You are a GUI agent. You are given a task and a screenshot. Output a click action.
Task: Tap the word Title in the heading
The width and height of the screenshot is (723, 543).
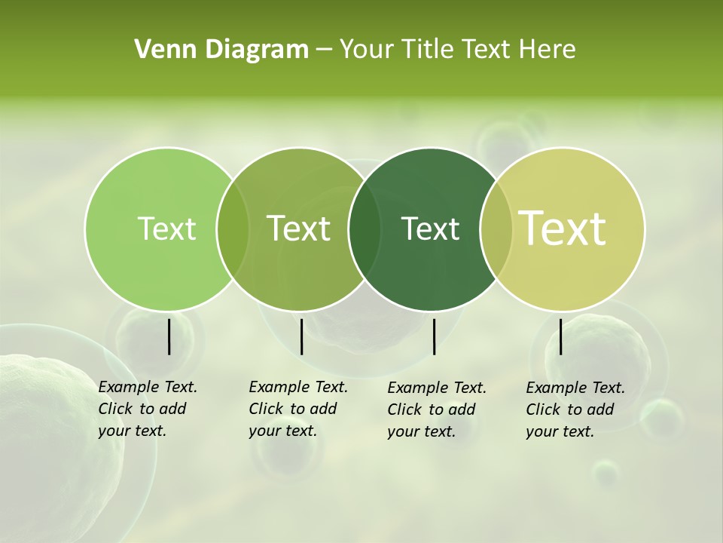tap(426, 49)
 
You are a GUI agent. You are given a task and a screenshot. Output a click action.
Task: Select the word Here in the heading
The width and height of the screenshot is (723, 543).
tap(548, 49)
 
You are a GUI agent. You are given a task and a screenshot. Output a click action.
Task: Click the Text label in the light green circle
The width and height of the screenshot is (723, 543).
tap(166, 229)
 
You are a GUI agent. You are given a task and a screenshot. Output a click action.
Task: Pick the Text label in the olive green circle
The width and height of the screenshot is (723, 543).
tap(299, 229)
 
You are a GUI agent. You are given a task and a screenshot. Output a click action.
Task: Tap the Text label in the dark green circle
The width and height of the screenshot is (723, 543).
tap(430, 229)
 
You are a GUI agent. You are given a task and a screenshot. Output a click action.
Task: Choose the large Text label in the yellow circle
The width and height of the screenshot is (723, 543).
tap(563, 229)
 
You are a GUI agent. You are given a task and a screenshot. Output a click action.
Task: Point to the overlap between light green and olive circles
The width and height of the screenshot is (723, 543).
tap(233, 229)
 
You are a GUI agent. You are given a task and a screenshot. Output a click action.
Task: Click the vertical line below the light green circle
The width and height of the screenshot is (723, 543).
tap(169, 336)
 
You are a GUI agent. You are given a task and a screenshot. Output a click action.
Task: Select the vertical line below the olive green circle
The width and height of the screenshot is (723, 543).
tap(301, 336)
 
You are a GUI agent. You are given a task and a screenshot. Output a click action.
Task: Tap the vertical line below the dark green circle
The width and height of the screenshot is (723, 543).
tap(434, 336)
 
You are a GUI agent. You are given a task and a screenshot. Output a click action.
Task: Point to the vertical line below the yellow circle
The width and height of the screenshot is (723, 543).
tap(560, 336)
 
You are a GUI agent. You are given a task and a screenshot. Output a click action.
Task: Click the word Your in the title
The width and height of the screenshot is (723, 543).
tap(367, 49)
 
